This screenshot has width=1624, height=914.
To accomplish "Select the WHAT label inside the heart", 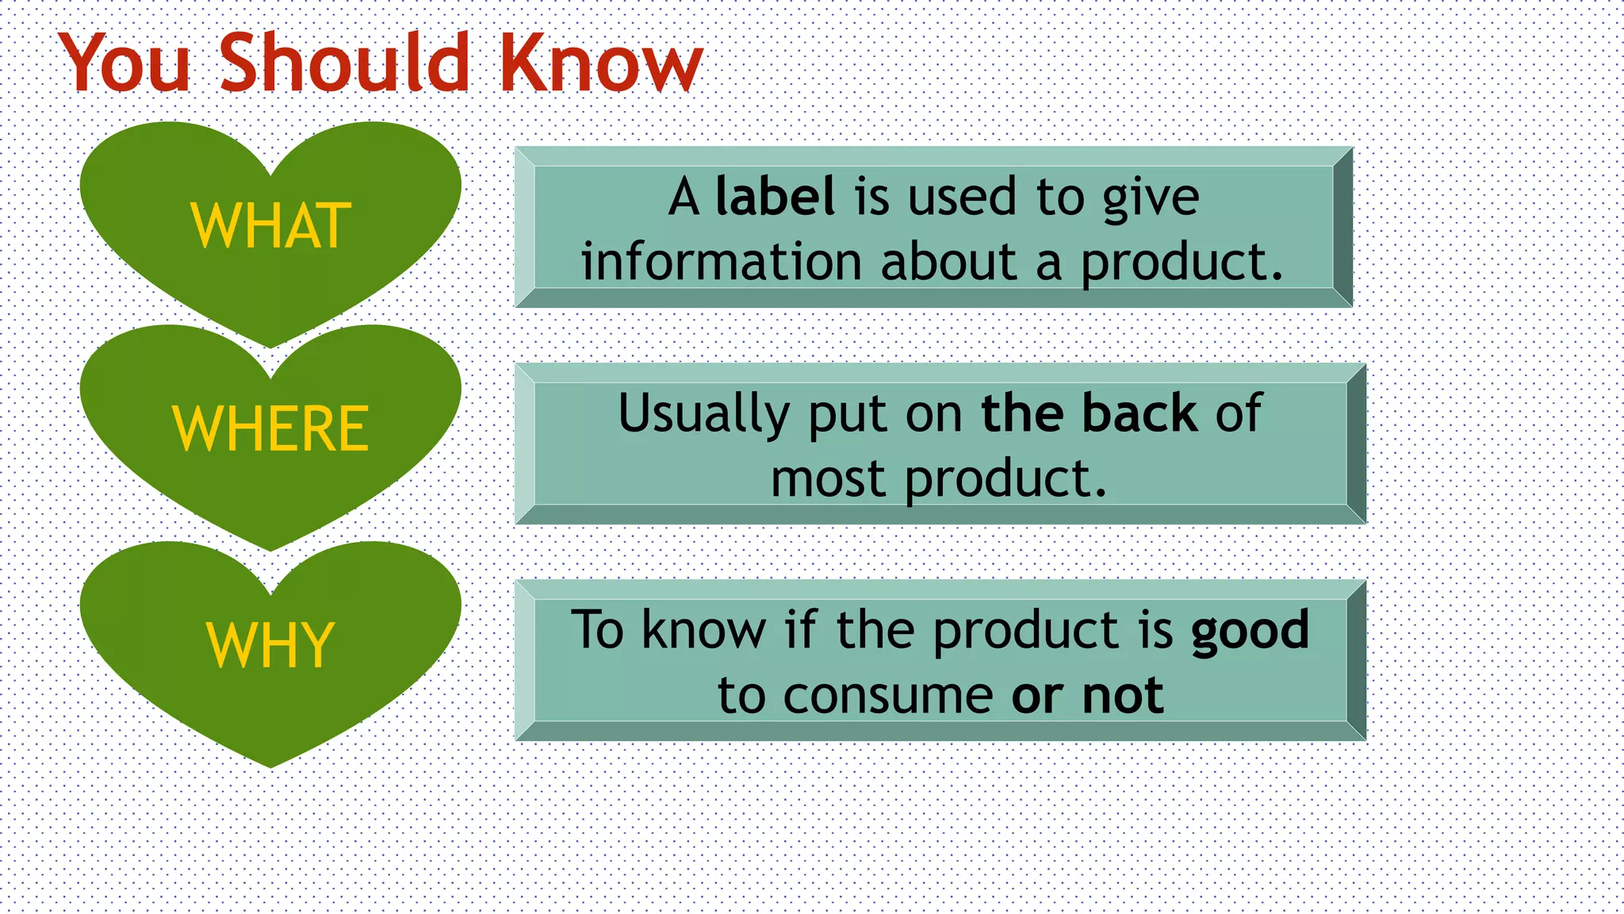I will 270,226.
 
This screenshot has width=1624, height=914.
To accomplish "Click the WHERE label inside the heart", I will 270,429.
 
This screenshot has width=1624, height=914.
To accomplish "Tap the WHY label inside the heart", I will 270,645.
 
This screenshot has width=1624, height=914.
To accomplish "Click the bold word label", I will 775,196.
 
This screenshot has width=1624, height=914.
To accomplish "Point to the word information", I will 721,262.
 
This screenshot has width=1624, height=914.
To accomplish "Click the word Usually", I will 703,414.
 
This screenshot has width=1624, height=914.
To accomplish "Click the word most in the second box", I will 827,479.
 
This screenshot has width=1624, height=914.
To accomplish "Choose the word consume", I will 887,696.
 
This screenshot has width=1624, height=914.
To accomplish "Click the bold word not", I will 1123,696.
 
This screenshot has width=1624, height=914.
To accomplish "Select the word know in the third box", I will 703,630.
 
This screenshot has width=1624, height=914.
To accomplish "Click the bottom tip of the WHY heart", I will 270,765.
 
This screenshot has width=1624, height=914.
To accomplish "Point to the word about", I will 948,262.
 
